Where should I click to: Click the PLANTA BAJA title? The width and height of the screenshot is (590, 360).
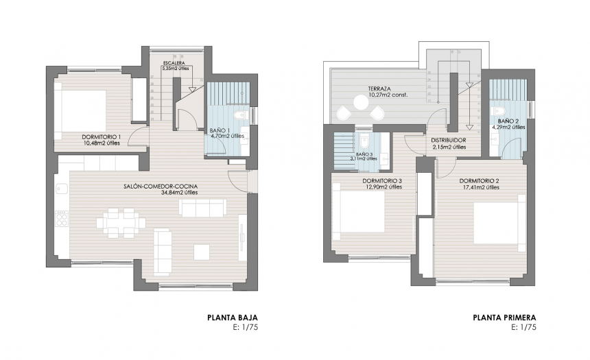pos(232,317)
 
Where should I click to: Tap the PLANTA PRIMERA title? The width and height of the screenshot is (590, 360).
pos(504,317)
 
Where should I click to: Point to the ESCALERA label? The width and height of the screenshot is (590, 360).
pos(173,63)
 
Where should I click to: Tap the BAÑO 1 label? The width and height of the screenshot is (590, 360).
pos(220,130)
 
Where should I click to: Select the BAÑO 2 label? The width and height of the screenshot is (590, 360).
pos(508,121)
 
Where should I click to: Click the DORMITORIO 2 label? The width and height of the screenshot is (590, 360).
pos(479,181)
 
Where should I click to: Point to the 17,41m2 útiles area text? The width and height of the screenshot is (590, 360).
pos(479,188)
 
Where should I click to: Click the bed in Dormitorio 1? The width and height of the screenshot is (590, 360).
pos(82,110)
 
